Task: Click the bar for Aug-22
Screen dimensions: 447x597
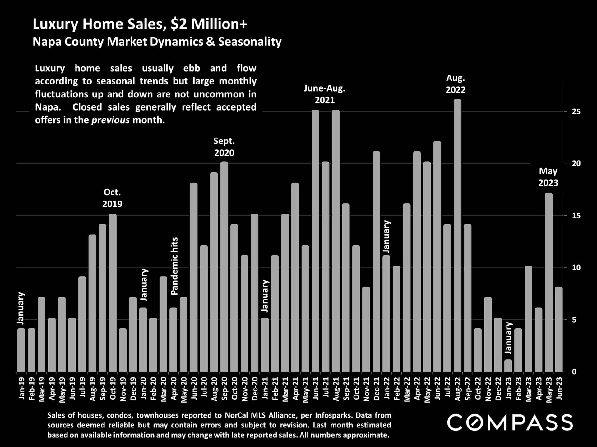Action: pyautogui.click(x=457, y=236)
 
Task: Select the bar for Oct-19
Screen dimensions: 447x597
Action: pyautogui.click(x=113, y=293)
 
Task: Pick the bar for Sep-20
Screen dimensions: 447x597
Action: pyautogui.click(x=224, y=267)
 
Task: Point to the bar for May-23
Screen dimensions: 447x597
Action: pyautogui.click(x=549, y=282)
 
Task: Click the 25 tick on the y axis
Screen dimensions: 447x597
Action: pyautogui.click(x=576, y=112)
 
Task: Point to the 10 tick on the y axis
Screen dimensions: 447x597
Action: pyautogui.click(x=576, y=268)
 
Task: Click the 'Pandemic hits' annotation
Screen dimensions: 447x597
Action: pyautogui.click(x=174, y=266)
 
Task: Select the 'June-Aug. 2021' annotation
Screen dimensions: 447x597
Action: pyautogui.click(x=324, y=94)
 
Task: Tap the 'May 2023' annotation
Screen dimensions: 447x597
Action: pyautogui.click(x=548, y=177)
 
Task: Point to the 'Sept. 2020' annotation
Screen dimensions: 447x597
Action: pyautogui.click(x=224, y=147)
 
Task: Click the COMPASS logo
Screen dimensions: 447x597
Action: pyautogui.click(x=510, y=422)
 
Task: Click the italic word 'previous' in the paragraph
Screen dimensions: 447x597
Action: pyautogui.click(x=110, y=120)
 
